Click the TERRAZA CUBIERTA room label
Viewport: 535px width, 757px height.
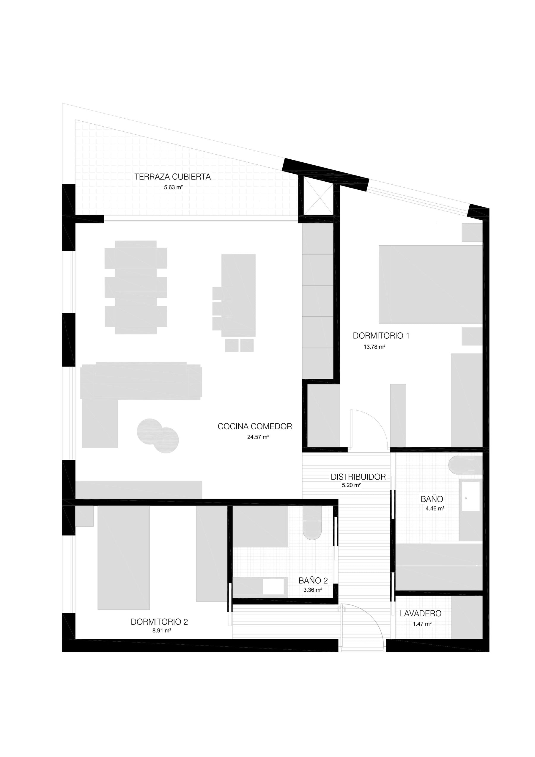[x=172, y=177]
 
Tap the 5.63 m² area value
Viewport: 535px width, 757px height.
[x=173, y=188]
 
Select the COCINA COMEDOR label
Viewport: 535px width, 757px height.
[x=255, y=426]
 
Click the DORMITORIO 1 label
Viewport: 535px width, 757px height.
[x=381, y=336]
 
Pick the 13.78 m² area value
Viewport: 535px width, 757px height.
[x=374, y=347]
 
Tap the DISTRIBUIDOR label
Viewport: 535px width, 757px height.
[x=358, y=477]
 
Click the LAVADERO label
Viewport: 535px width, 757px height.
[x=421, y=614]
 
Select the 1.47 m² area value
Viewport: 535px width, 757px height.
[x=422, y=624]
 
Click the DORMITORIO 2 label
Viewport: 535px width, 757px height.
[x=159, y=622]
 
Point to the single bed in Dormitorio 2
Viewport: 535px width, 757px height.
[x=124, y=557]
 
